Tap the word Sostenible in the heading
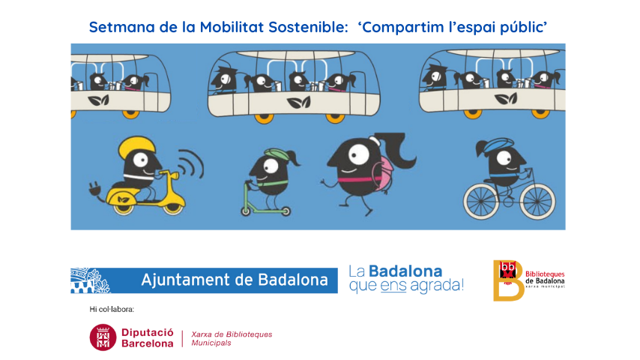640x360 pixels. (308, 28)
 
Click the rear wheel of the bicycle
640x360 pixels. (481, 201)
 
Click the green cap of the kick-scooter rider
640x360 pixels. (277, 154)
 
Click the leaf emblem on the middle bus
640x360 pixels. (298, 103)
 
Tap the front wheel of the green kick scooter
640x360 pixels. (246, 211)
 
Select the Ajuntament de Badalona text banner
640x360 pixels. (204, 280)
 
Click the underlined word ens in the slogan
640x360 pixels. (393, 286)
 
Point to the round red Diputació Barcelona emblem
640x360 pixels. (103, 337)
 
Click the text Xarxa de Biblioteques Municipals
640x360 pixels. (232, 338)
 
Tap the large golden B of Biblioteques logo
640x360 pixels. (509, 280)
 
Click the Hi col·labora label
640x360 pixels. (112, 309)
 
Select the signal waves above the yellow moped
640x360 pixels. (192, 163)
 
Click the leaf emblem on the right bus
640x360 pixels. (506, 98)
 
